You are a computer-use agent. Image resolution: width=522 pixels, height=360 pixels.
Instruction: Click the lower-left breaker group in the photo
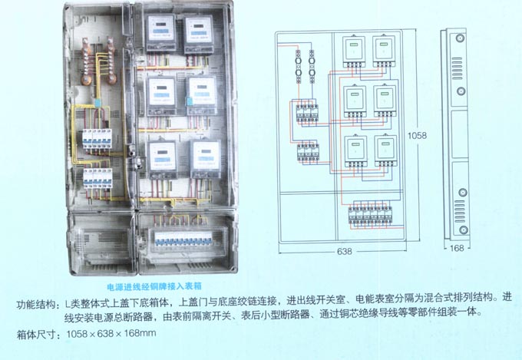pyautogui.click(x=97, y=181)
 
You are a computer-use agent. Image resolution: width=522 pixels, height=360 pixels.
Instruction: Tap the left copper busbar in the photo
pyautogui.click(x=90, y=65)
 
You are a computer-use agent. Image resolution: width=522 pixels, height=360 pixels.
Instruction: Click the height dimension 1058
pyautogui.click(x=418, y=136)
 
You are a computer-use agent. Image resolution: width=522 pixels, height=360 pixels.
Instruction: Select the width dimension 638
pyautogui.click(x=345, y=251)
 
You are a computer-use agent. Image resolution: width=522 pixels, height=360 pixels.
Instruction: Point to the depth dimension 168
pyautogui.click(x=457, y=248)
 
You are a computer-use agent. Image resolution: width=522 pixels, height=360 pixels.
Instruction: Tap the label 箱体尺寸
pyautogui.click(x=38, y=334)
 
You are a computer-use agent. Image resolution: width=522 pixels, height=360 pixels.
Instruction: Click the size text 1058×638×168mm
pyautogui.click(x=111, y=334)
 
